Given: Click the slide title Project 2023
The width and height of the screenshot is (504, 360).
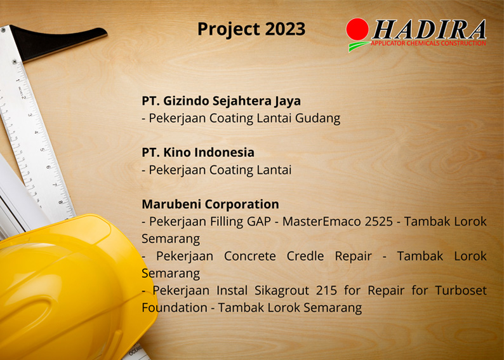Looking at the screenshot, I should (x=251, y=29).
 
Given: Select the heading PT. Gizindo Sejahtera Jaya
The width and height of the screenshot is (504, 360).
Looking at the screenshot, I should (x=221, y=100).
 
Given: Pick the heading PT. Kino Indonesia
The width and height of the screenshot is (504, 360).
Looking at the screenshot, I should (x=198, y=152).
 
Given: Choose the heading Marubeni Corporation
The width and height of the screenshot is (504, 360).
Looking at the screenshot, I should (x=210, y=204).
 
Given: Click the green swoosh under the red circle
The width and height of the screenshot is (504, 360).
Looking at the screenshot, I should (x=358, y=46).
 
